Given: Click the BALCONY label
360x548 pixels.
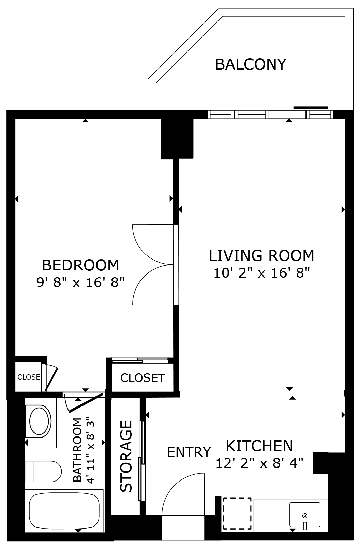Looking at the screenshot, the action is [251, 64].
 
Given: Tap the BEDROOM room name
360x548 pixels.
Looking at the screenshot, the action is [80, 265].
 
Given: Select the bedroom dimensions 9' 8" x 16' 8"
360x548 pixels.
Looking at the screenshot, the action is [80, 283].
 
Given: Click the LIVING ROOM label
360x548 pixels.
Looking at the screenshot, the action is [261, 255].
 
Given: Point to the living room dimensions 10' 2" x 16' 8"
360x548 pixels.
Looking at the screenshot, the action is [262, 273].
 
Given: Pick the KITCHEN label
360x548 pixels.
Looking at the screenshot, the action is [259, 446].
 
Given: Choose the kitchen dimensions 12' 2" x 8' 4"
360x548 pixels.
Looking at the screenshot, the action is [259, 463].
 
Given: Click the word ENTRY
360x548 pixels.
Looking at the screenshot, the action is [189, 452].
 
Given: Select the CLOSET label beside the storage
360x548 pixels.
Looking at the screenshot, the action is [142, 378].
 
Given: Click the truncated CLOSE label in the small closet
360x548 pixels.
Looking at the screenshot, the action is [29, 377].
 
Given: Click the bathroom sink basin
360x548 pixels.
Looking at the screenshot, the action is [40, 421].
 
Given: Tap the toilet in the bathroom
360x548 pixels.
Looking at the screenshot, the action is [43, 471].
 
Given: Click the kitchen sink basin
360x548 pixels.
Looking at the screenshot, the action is [305, 515].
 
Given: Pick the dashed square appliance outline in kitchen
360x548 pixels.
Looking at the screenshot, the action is [237, 513].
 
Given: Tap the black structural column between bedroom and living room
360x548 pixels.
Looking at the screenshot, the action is [177, 138].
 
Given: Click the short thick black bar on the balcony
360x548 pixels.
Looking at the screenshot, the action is [311, 107].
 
